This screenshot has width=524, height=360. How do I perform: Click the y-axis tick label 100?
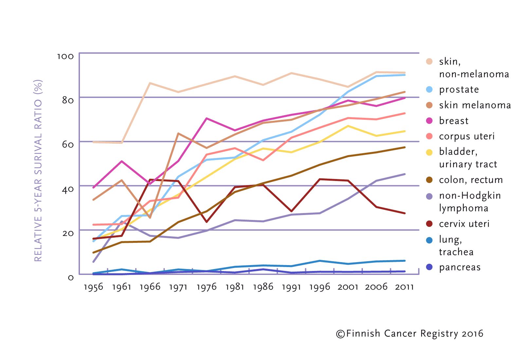[65, 56]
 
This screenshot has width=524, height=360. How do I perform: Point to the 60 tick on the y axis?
[68, 144]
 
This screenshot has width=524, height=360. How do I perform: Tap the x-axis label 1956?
[93, 287]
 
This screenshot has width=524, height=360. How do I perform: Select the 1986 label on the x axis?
[263, 287]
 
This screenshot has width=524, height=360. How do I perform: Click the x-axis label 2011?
[404, 287]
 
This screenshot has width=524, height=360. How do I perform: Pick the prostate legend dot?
[429, 89]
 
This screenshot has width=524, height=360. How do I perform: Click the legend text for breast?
[454, 121]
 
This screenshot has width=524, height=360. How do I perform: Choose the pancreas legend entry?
[459, 267]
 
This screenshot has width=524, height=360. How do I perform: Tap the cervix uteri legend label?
[464, 224]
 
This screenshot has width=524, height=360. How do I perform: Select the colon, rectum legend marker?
[429, 180]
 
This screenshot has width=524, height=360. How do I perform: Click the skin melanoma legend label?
[475, 105]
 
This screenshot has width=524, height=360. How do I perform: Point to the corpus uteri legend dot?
[429, 136]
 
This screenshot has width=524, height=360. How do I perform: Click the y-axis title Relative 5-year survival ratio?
[38, 170]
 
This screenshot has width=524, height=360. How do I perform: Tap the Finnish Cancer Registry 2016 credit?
[410, 333]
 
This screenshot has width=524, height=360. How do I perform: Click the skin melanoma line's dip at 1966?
[150, 218]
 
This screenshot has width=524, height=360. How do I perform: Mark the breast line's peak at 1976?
[207, 118]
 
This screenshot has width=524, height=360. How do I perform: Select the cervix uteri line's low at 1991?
[291, 211]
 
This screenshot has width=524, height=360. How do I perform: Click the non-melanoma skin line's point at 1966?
[150, 83]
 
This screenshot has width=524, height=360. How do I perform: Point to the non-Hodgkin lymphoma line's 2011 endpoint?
[405, 174]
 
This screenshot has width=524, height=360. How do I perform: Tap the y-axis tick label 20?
[68, 233]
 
